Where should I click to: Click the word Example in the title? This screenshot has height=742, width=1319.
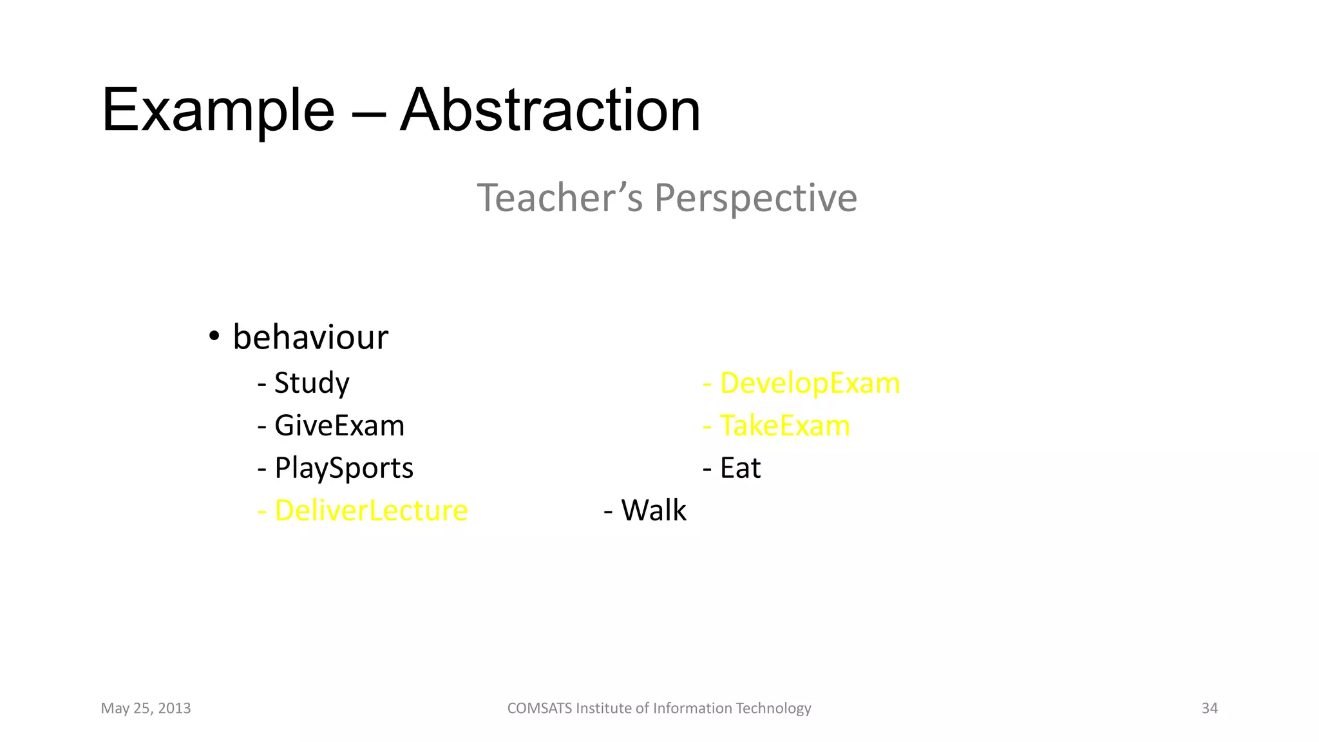pos(218,111)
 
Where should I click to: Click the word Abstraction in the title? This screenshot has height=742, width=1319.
pos(550,111)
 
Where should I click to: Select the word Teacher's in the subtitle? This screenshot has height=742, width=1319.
pos(559,197)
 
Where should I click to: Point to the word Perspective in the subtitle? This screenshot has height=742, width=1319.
pos(755,198)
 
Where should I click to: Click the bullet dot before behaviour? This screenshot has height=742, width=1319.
pos(214,337)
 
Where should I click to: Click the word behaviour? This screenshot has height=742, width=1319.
pos(310,338)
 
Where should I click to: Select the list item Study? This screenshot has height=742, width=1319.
pos(311,383)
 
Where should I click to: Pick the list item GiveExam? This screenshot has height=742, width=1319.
pos(339,426)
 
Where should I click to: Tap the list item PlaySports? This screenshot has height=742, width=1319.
pos(343,468)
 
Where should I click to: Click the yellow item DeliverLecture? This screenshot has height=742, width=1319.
pos(370,511)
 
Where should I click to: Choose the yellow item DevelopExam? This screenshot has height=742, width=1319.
pos(809,383)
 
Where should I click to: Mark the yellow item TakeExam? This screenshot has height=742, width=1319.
pos(784,426)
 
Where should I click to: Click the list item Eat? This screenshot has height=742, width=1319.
pos(739,468)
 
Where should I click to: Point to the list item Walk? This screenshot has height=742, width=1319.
pos(653,511)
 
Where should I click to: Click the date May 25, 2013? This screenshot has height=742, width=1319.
pos(146,709)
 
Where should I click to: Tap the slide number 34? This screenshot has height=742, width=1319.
pos(1210,709)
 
